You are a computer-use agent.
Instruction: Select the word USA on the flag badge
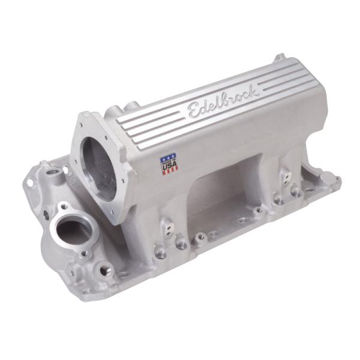(169, 165)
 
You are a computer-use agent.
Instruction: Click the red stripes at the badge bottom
(170, 170)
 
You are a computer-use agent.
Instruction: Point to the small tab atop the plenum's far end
(279, 59)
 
